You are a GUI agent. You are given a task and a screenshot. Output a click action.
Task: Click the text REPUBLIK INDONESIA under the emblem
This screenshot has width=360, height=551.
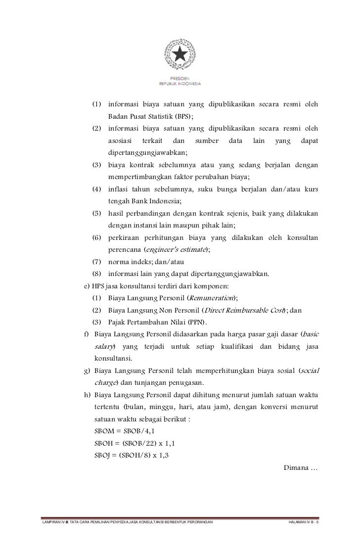point(180,84)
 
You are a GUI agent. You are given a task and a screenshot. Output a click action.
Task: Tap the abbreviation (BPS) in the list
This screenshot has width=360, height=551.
point(183,117)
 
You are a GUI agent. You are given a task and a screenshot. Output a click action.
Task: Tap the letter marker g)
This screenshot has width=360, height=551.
point(88,370)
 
